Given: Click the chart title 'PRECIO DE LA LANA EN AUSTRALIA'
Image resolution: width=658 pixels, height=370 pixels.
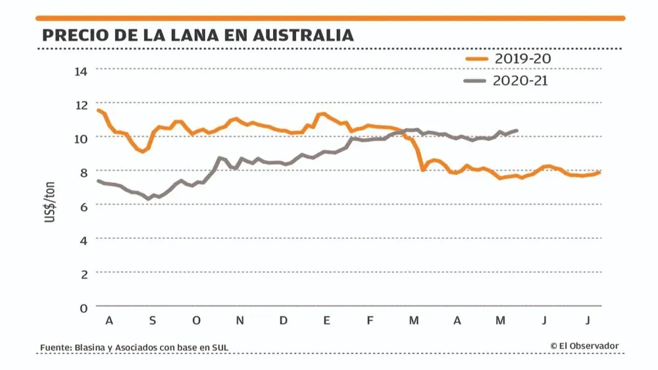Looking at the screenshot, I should [x=197, y=35].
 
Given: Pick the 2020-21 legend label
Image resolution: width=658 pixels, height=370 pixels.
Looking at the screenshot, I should [x=520, y=80].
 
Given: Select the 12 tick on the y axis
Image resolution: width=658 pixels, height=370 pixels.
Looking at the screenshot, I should [x=81, y=105].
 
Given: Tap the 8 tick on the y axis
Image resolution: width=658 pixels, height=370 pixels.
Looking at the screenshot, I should [x=84, y=172].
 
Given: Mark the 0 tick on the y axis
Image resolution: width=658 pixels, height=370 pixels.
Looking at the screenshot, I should [x=84, y=307].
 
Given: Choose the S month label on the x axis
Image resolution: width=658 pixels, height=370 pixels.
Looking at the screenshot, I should [x=153, y=321].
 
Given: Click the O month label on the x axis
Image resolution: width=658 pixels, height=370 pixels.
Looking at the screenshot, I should [x=196, y=321].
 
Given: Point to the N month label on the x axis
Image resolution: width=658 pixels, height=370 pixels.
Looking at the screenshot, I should [x=240, y=321].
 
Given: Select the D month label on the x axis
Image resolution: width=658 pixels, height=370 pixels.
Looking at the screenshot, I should [x=284, y=321].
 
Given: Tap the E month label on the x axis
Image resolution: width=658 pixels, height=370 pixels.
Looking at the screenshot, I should [x=326, y=321].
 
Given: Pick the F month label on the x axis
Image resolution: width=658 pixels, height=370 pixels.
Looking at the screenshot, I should [x=370, y=321].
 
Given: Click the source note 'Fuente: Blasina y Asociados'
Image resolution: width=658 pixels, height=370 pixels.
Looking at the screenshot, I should [x=134, y=347].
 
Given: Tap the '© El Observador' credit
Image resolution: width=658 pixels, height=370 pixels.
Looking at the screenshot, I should [x=584, y=346].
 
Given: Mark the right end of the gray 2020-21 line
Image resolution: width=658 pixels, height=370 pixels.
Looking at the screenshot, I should [x=517, y=130].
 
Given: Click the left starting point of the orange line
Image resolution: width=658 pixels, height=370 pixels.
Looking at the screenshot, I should [x=97, y=109].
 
